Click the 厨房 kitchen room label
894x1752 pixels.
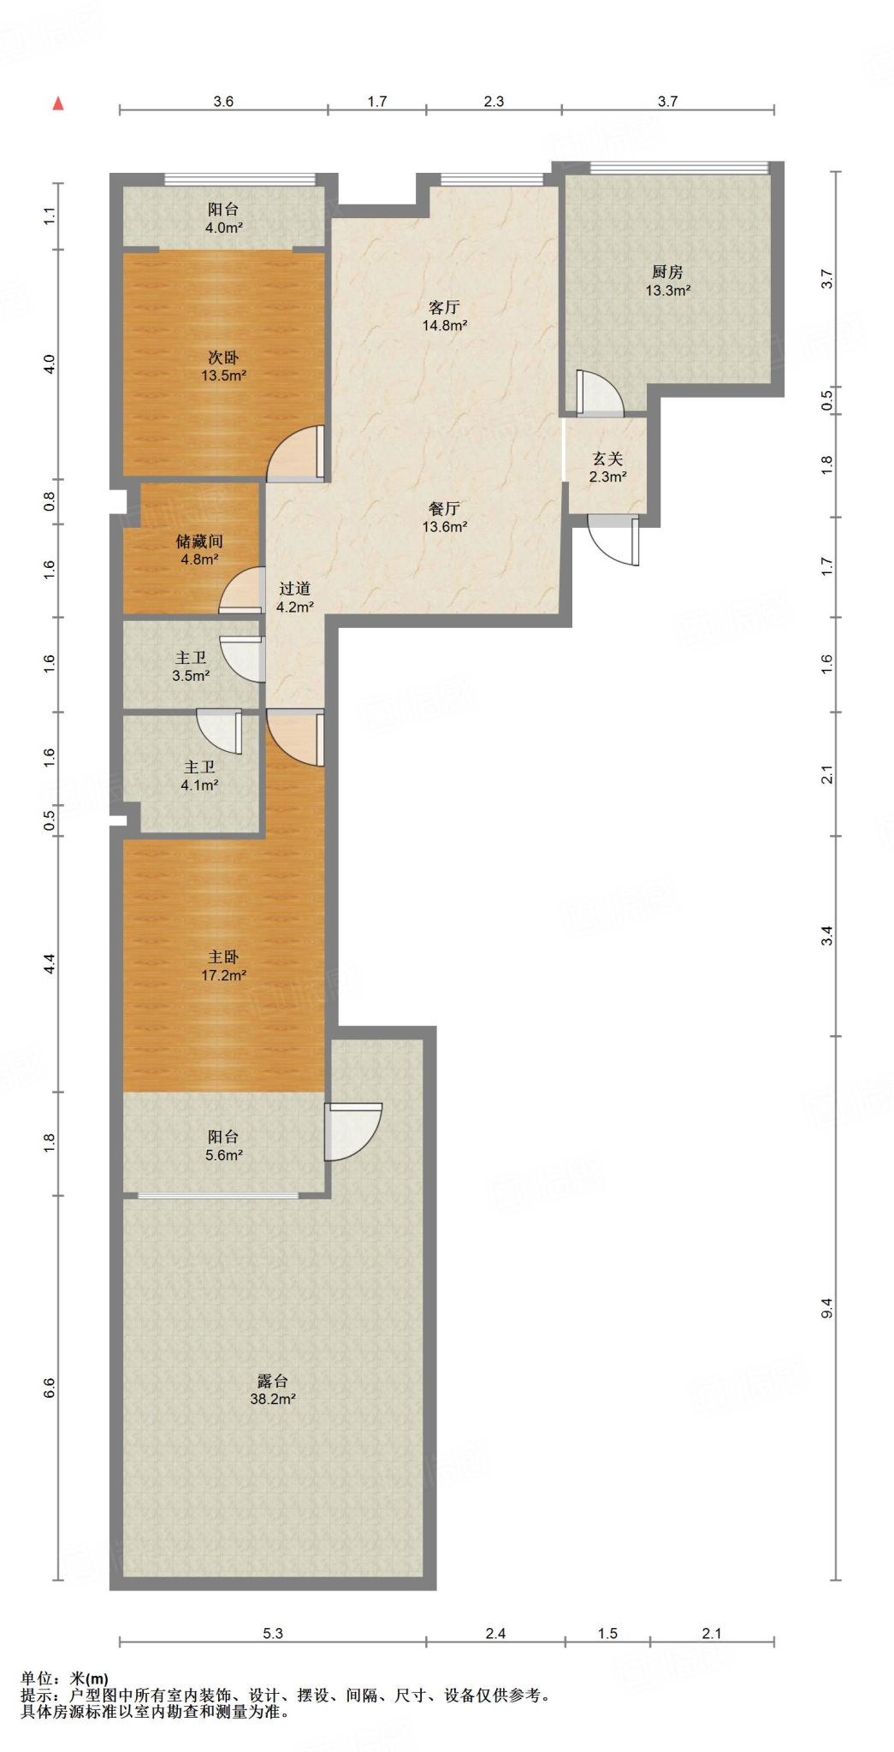(x=667, y=272)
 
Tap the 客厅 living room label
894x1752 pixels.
(x=444, y=307)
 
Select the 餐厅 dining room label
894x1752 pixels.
(x=444, y=509)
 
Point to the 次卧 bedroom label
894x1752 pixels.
(x=223, y=358)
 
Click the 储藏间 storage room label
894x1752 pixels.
(x=199, y=542)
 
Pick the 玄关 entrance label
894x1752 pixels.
(x=607, y=459)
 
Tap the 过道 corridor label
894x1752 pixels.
(x=294, y=589)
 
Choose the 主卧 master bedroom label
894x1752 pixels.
(x=223, y=957)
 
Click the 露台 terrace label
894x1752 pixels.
(x=272, y=1381)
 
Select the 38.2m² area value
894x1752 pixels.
(x=272, y=1400)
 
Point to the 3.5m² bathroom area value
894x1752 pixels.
(x=191, y=676)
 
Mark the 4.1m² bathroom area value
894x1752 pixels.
(x=199, y=785)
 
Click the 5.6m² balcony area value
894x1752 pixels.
(x=223, y=1155)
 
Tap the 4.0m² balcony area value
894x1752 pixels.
(x=223, y=228)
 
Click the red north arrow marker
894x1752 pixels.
(x=58, y=104)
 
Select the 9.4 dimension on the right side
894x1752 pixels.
(x=826, y=1308)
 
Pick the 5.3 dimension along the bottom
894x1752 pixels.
(x=272, y=1633)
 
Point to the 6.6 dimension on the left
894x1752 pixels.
(x=49, y=1388)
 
